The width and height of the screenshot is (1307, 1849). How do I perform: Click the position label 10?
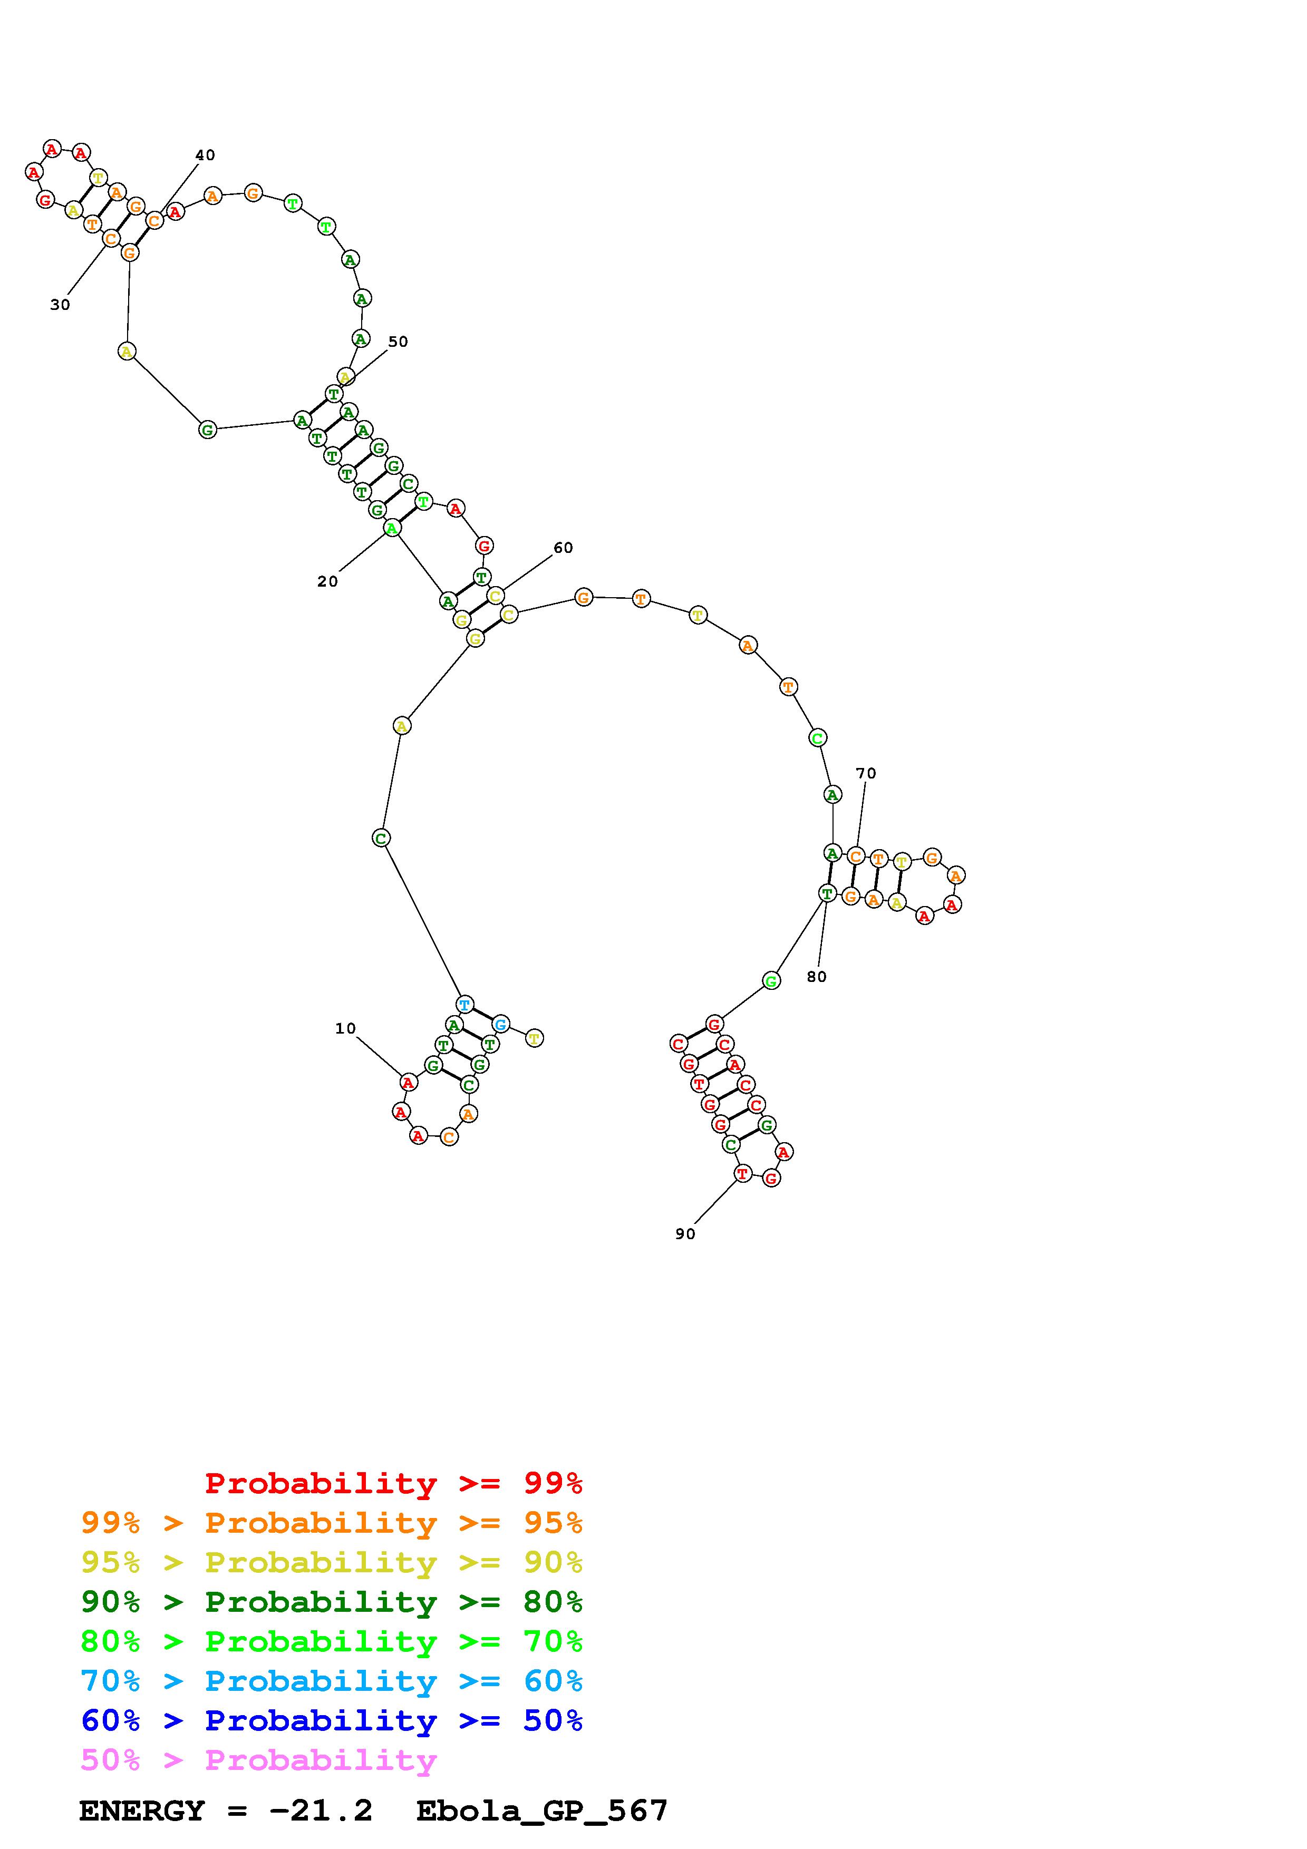coord(345,1028)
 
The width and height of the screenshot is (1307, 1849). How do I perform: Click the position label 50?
coord(399,342)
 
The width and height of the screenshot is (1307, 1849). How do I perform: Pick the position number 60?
coord(563,548)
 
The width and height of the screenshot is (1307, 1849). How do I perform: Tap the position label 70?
coord(866,773)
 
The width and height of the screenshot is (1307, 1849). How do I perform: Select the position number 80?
coord(817,977)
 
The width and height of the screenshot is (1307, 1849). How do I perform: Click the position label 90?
coord(685,1234)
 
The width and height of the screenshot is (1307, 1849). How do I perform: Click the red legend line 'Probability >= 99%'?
coord(394,1483)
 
